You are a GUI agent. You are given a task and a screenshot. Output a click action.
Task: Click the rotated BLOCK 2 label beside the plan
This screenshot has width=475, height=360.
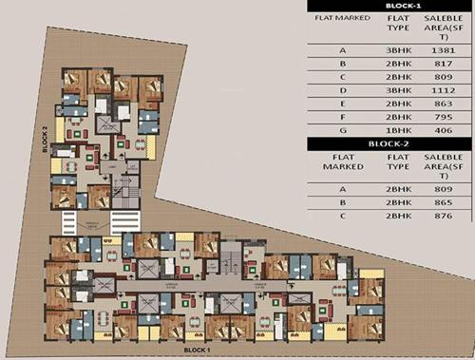click(x=44, y=141)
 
